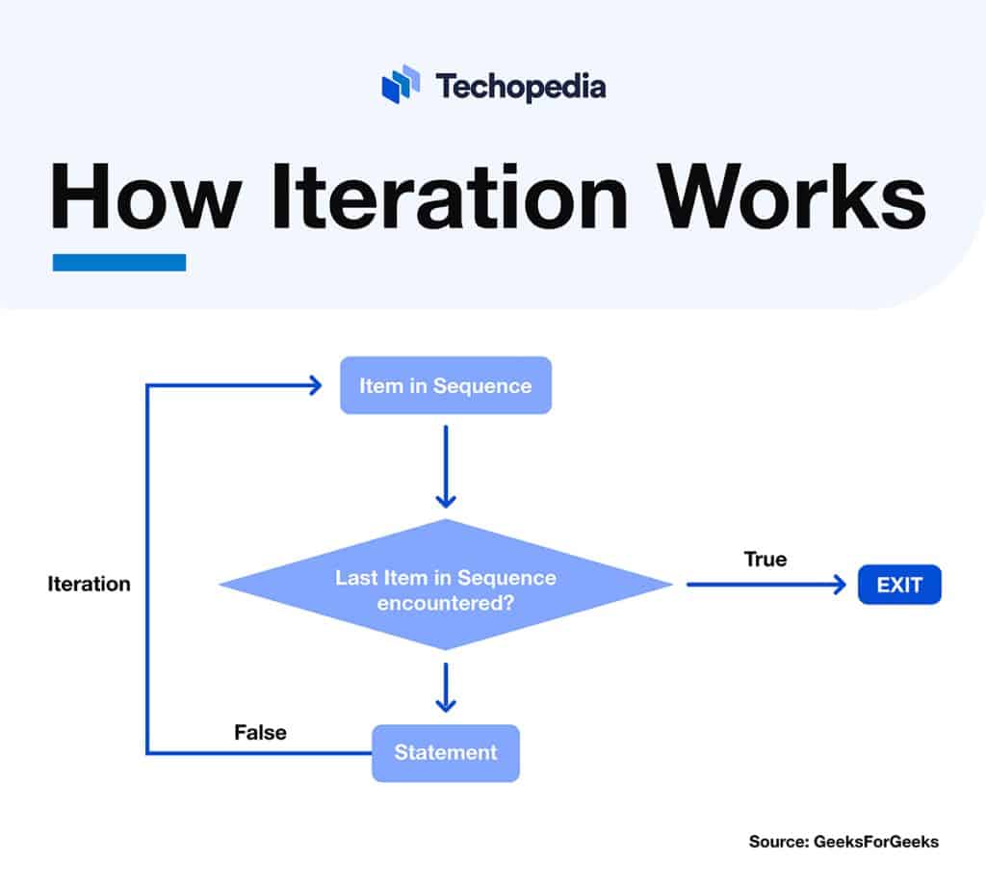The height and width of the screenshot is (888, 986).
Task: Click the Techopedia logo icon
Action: (x=401, y=85)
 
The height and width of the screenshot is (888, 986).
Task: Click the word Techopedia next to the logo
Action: (x=520, y=87)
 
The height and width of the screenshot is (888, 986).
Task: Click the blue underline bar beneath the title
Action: (x=118, y=262)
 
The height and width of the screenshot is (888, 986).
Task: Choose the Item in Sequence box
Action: (x=445, y=385)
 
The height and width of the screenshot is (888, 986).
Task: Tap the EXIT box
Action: (x=899, y=585)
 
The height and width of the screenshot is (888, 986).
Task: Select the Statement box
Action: (x=445, y=752)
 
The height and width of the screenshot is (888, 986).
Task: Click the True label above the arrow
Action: (x=765, y=559)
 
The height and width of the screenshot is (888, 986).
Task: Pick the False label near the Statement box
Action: (x=260, y=732)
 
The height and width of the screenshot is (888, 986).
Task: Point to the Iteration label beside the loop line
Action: (x=89, y=584)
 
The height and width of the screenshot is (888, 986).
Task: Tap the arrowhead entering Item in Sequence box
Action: (x=314, y=385)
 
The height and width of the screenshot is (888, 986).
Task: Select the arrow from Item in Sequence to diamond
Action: (x=445, y=466)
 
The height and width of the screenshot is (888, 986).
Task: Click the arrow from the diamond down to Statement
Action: (x=445, y=686)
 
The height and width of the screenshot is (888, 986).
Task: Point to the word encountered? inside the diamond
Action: (x=445, y=605)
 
